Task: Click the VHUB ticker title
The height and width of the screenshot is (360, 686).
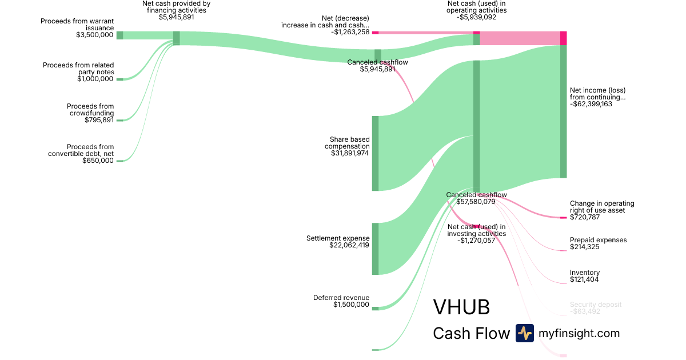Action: click(x=461, y=307)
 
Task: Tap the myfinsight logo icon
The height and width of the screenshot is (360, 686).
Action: click(x=524, y=333)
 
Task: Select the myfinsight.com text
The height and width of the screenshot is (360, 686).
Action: click(x=579, y=333)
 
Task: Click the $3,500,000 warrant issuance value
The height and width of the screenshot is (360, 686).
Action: click(x=95, y=35)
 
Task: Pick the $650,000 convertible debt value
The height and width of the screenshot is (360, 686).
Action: click(x=98, y=161)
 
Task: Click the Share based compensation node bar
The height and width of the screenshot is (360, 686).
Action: click(x=375, y=153)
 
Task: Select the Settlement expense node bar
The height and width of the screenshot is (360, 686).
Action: click(x=375, y=249)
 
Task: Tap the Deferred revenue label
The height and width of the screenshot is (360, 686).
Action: click(x=341, y=298)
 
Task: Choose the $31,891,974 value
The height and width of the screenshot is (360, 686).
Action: click(x=350, y=153)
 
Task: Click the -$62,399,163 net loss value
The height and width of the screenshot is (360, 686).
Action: click(x=599, y=104)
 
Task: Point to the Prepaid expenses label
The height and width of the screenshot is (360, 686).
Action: click(x=598, y=240)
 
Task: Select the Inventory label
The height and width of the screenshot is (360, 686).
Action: click(x=585, y=273)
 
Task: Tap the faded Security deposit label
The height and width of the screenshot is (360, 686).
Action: click(x=595, y=305)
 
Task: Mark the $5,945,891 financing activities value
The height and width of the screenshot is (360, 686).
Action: click(x=176, y=17)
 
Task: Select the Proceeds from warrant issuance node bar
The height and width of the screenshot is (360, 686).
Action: click(x=119, y=35)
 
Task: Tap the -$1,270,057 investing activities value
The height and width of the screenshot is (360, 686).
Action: click(x=476, y=241)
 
